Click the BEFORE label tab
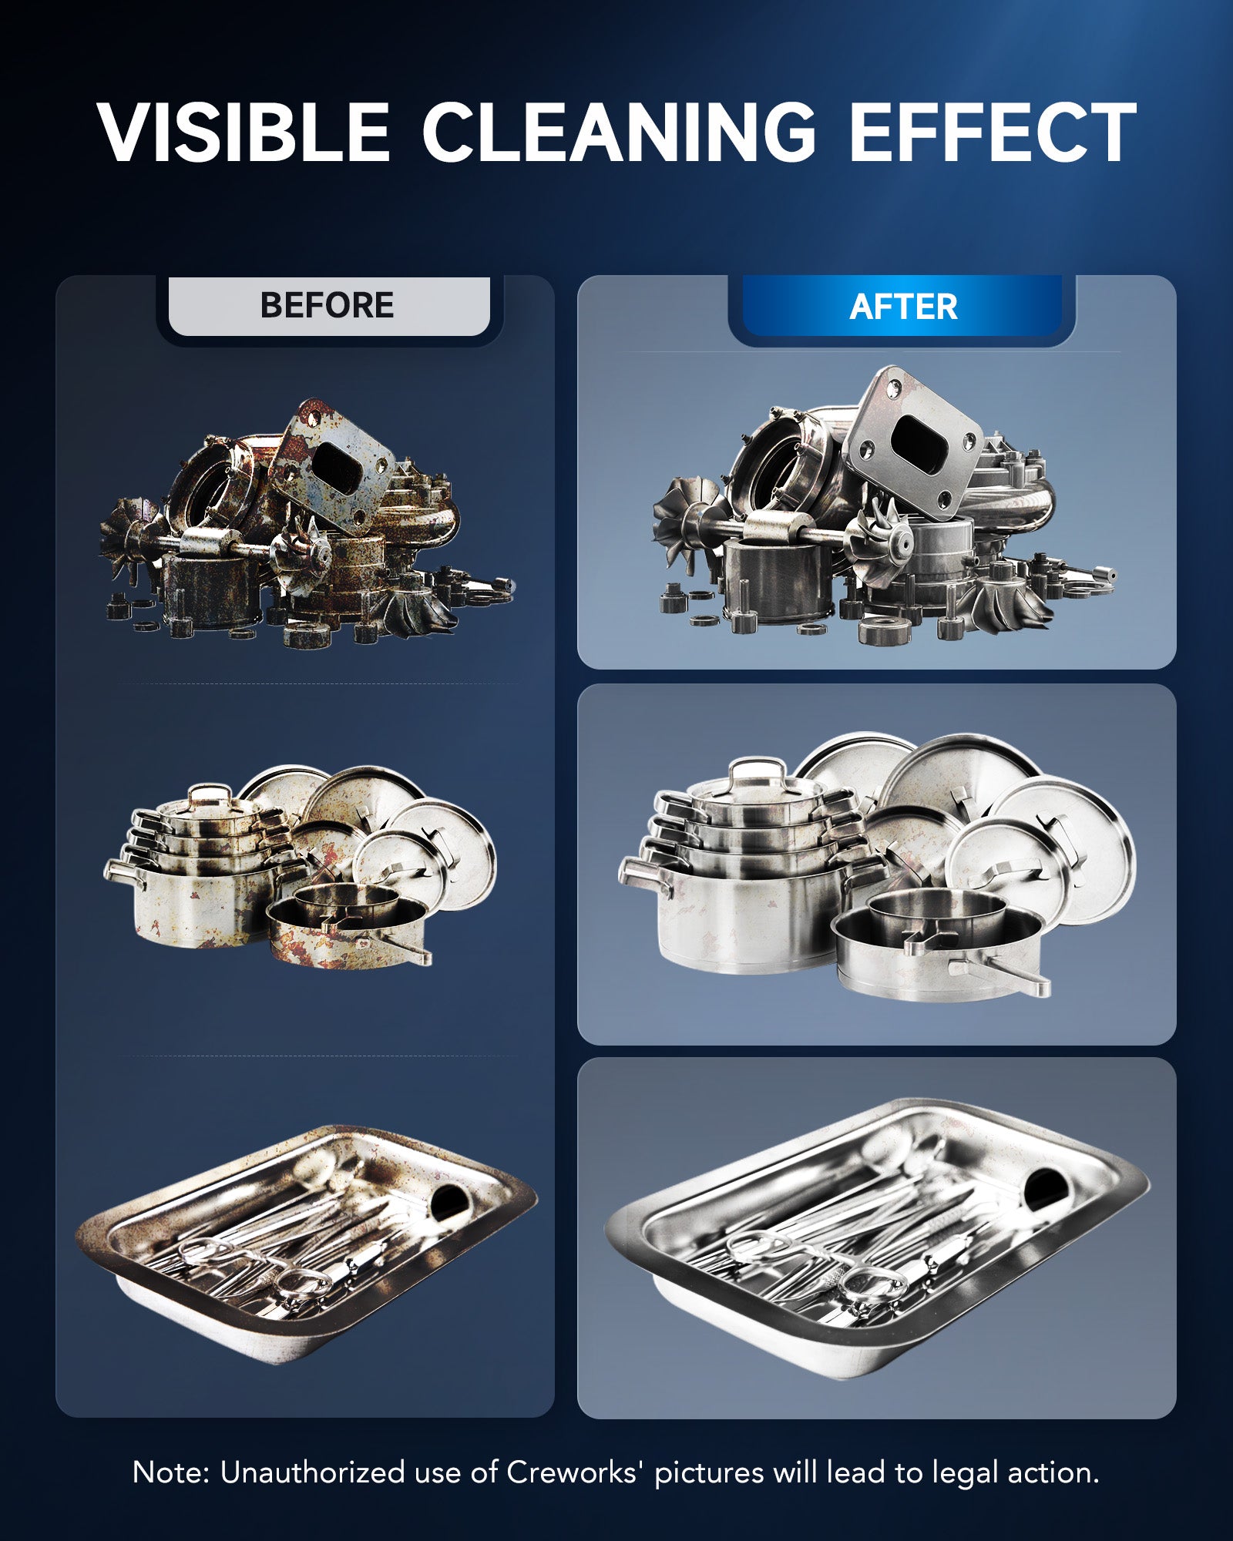click(x=328, y=306)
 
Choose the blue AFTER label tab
click(x=902, y=307)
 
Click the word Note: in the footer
click(x=171, y=1472)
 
